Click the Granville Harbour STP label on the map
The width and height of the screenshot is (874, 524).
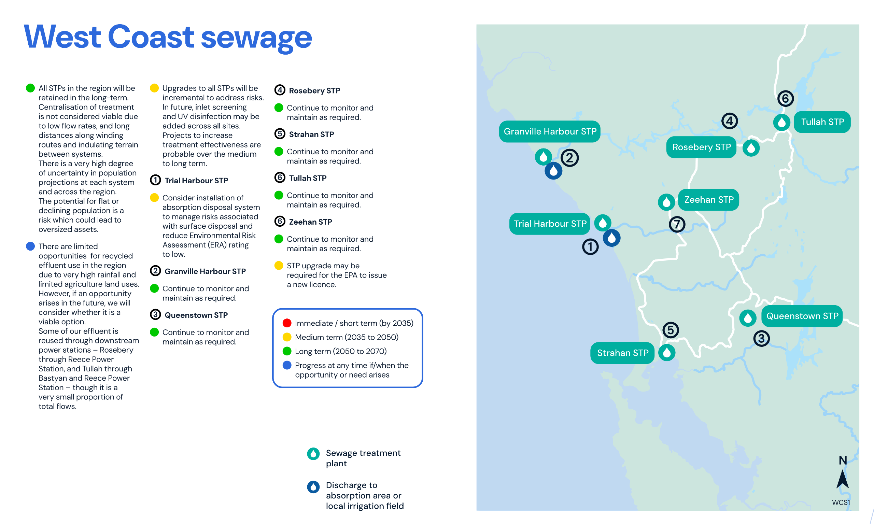click(x=549, y=131)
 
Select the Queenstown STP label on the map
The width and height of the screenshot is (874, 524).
click(x=802, y=316)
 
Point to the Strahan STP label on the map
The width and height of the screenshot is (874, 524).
click(x=622, y=353)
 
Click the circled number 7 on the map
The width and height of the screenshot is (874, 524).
click(x=677, y=224)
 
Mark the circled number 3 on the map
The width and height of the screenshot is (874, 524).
click(x=761, y=339)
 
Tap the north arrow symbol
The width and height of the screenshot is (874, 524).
click(x=842, y=479)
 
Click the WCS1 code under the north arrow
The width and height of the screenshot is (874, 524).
click(x=841, y=502)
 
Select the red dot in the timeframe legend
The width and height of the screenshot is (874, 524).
click(x=287, y=323)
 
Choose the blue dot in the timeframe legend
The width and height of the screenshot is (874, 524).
click(x=287, y=365)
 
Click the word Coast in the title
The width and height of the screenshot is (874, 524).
click(x=151, y=37)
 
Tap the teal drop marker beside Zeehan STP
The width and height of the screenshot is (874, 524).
click(x=666, y=202)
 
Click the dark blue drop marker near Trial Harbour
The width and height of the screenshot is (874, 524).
click(x=611, y=238)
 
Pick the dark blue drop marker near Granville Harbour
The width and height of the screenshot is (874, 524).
click(x=553, y=171)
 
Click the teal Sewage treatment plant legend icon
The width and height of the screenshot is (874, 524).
click(x=313, y=454)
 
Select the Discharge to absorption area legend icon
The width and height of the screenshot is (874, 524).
click(x=313, y=487)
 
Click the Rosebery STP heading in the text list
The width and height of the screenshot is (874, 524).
click(x=314, y=91)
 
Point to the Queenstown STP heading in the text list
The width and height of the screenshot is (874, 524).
click(x=196, y=315)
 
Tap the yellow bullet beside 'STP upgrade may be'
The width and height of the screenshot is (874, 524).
click(x=279, y=266)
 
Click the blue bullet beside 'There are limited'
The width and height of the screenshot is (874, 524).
click(x=30, y=246)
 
